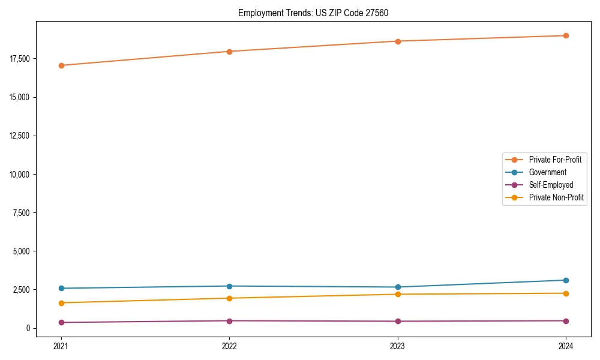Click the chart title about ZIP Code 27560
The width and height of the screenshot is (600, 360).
pos(313,13)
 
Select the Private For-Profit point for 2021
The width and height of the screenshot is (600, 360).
pos(61,65)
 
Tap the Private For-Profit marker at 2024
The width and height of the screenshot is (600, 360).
pos(566,35)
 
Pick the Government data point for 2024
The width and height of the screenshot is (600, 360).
pos(566,280)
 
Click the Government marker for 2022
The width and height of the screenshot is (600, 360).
pos(229,286)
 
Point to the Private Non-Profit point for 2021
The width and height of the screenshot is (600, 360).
pos(61,303)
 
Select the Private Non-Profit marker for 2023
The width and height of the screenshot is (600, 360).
pos(398,294)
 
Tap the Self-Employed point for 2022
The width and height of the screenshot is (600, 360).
pos(229,321)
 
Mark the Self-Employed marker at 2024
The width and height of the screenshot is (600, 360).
pos(566,321)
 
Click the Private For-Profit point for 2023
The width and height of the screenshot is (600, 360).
pos(398,41)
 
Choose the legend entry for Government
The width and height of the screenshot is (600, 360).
pos(547,172)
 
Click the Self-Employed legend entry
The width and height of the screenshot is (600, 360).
pos(551,185)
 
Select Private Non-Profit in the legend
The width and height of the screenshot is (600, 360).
pos(556,197)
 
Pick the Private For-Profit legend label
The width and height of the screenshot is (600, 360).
pos(555,160)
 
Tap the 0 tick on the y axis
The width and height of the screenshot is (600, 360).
pos(28,328)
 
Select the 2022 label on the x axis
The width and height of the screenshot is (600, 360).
pos(229,346)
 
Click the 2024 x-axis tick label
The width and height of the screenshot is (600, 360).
pos(566,346)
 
